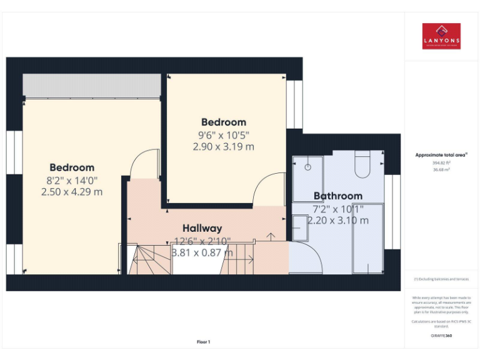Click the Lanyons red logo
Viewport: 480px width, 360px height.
click(x=441, y=36)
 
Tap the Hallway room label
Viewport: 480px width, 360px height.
click(x=202, y=229)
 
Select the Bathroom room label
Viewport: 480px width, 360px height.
click(x=337, y=196)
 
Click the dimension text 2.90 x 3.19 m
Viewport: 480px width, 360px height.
click(x=223, y=147)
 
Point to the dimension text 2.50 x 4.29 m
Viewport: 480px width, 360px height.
click(x=72, y=192)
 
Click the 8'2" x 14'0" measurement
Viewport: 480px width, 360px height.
click(x=72, y=180)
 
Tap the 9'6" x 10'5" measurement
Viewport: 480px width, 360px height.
click(x=223, y=134)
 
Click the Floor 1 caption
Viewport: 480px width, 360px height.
click(x=204, y=342)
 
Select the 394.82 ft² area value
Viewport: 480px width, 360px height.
click(x=441, y=162)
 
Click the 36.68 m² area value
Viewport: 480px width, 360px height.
click(x=441, y=169)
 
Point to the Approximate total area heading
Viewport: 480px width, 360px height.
click(x=441, y=154)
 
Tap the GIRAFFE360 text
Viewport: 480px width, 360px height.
click(x=441, y=336)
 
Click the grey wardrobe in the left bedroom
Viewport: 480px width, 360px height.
click(x=92, y=85)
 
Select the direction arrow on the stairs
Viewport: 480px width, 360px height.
click(x=271, y=236)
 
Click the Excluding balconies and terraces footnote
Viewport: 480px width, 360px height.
click(x=441, y=279)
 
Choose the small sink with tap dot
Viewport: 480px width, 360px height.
click(x=307, y=167)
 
